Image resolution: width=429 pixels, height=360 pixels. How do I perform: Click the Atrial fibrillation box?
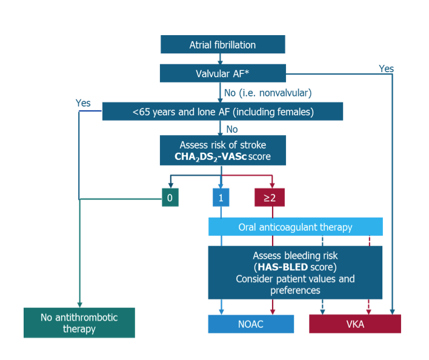[222, 45]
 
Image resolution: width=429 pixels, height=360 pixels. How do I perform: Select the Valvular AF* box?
[222, 73]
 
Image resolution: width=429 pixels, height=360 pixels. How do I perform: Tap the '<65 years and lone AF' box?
[222, 111]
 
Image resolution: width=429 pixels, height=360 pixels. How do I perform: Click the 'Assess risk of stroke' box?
[222, 150]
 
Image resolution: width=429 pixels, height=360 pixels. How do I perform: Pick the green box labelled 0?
[170, 198]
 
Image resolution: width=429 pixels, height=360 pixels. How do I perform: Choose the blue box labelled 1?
[221, 198]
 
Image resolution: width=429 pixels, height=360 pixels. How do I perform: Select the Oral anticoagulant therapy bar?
[295, 227]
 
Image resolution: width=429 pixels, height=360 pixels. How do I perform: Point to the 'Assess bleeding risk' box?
[295, 272]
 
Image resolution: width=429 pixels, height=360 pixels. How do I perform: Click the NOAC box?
[251, 324]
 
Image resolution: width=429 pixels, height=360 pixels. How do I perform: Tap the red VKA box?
[354, 324]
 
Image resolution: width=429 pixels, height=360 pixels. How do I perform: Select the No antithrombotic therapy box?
[79, 323]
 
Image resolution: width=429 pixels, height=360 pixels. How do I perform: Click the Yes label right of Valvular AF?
[386, 68]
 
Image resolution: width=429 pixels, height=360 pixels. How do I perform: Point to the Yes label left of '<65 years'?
[83, 103]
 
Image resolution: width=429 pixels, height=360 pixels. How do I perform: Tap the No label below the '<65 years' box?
[232, 129]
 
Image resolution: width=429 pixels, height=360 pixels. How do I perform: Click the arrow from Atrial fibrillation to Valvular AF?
[222, 59]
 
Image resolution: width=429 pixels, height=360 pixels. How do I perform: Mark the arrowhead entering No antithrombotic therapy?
[79, 304]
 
